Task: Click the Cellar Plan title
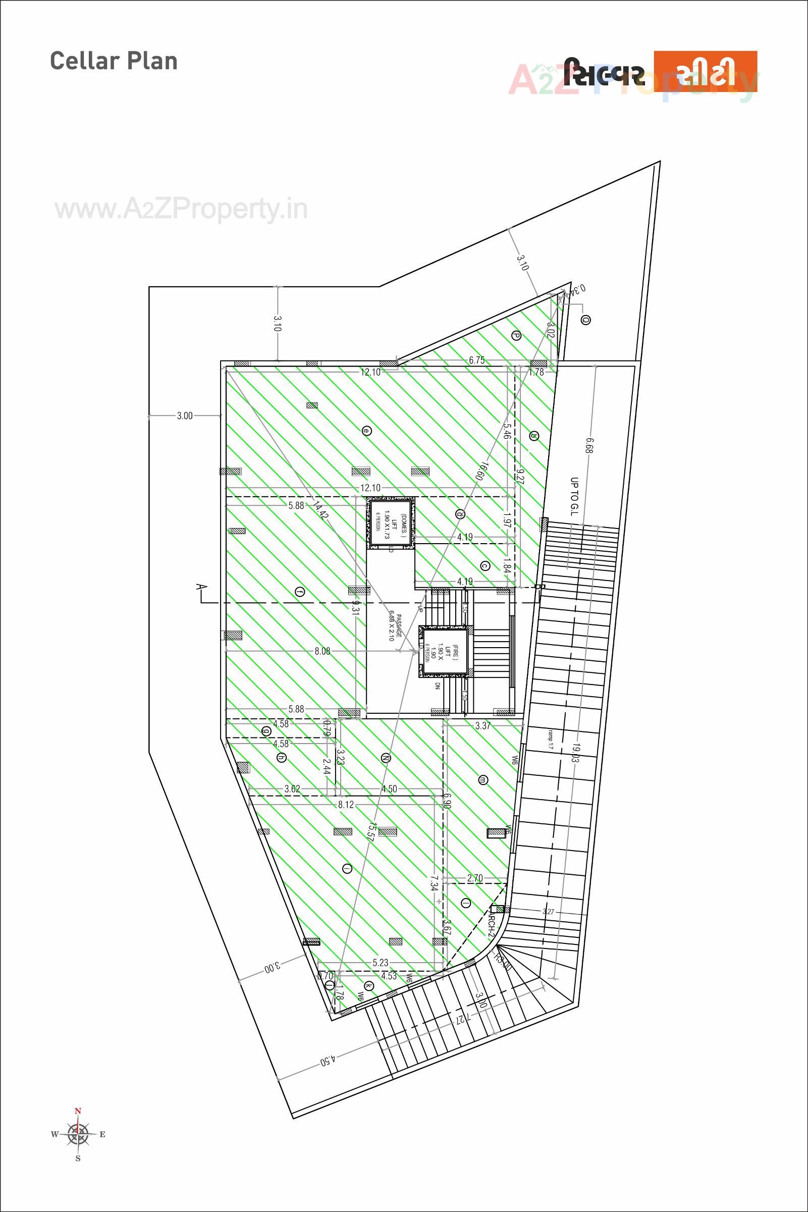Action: (114, 61)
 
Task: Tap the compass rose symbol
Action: (78, 1133)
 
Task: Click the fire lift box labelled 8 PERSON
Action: (443, 651)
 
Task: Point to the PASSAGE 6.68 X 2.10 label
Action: (395, 625)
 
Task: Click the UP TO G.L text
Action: (574, 497)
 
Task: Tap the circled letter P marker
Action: (516, 336)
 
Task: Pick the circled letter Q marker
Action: (585, 320)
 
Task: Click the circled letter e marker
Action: (366, 430)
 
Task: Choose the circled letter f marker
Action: (300, 592)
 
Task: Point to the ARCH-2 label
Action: (492, 928)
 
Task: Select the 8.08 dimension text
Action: (322, 651)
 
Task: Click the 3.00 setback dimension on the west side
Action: (185, 415)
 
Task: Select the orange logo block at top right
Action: (705, 71)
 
